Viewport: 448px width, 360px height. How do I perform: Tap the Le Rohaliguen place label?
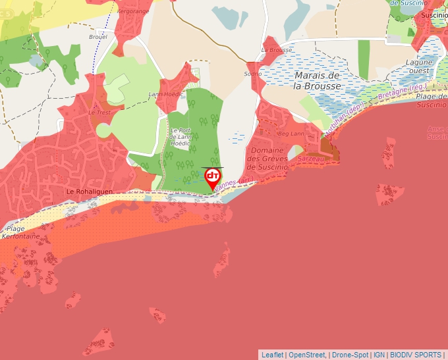click(x=90, y=191)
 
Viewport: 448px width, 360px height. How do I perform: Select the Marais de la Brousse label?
click(x=318, y=81)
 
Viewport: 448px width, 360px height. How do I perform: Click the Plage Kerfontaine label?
click(x=19, y=232)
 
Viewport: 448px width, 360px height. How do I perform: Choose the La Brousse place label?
click(x=277, y=50)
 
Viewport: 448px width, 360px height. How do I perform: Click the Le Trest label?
click(x=99, y=113)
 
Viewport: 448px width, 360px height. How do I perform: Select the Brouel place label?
click(x=98, y=38)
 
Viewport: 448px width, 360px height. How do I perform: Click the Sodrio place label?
click(x=253, y=74)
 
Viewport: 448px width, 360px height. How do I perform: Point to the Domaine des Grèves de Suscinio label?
click(x=267, y=159)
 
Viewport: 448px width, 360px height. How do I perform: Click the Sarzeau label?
click(x=310, y=159)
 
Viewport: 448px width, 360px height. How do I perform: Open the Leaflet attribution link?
click(x=272, y=355)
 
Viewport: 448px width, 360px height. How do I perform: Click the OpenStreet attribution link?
click(x=307, y=355)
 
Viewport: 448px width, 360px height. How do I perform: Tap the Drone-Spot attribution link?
click(x=350, y=355)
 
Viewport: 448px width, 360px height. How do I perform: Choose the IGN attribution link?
click(x=379, y=355)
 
